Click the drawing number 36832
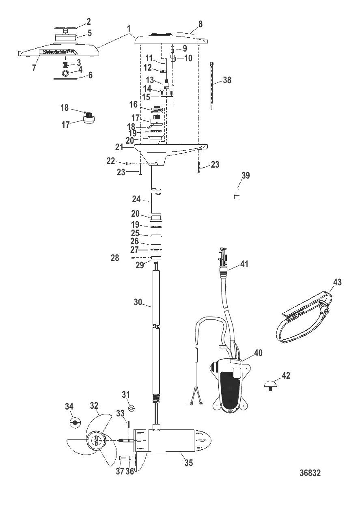click(x=310, y=473)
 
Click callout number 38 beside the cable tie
click(x=227, y=81)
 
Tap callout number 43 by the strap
click(x=337, y=282)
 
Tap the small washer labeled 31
click(x=131, y=407)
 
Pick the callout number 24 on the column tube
click(x=136, y=199)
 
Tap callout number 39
click(x=246, y=176)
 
